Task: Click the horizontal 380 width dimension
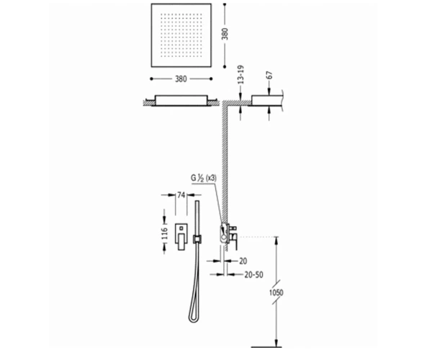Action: coord(181,78)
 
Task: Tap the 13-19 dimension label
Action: coord(240,74)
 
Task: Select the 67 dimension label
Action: coord(269,76)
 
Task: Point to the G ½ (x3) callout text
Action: coord(204,178)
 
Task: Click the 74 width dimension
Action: coord(181,195)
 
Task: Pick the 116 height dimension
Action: coord(164,234)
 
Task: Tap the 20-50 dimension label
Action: coord(253,274)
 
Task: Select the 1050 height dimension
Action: coord(276,292)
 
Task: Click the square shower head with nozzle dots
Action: coord(181,35)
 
